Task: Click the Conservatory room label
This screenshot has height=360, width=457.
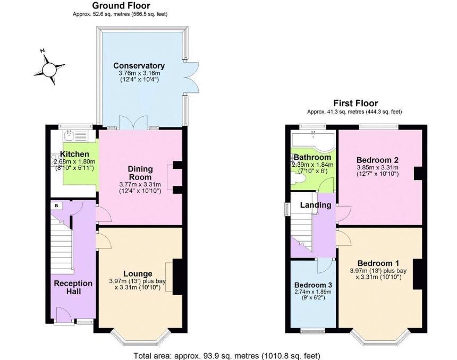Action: click(139, 65)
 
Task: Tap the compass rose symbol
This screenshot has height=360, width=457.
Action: click(49, 68)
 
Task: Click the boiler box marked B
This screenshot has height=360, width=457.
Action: click(57, 205)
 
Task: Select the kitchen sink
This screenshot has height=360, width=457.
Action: click(70, 135)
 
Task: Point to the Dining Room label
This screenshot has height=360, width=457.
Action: click(140, 173)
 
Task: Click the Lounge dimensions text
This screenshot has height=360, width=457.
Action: click(137, 284)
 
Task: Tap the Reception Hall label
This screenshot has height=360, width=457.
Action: click(73, 287)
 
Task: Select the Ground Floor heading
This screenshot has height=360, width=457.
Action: click(121, 5)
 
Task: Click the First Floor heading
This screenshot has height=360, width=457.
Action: click(356, 103)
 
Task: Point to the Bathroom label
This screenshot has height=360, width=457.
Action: click(312, 158)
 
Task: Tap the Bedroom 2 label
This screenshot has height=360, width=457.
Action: click(377, 160)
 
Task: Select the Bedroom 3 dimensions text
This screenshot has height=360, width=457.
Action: click(313, 295)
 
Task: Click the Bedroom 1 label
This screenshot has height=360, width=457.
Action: click(378, 263)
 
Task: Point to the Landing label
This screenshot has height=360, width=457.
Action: click(316, 205)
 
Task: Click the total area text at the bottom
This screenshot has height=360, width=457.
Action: click(227, 356)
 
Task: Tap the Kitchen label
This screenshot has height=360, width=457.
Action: click(74, 155)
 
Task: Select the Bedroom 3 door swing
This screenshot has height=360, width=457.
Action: click(324, 265)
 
